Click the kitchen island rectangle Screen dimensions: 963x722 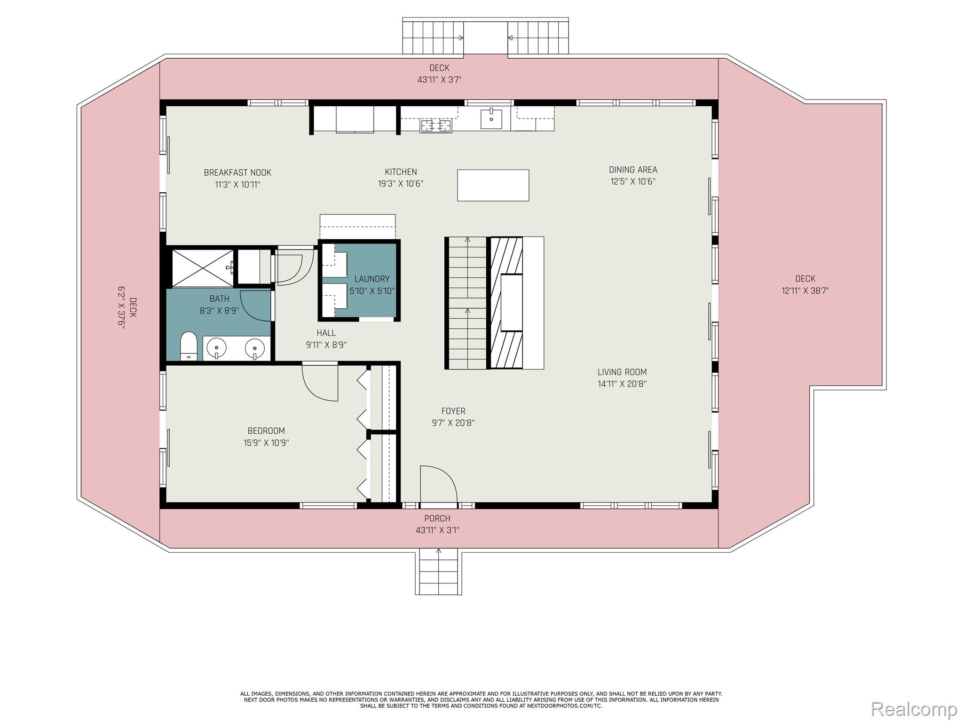493,185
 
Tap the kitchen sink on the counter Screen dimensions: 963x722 491,118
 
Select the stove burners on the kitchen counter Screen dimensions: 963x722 436,126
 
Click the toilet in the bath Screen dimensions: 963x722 189,345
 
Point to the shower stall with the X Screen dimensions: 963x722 202,267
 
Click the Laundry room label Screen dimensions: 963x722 372,279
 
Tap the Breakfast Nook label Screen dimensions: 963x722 237,173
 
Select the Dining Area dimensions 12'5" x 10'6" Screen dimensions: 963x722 633,181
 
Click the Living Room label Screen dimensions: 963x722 622,372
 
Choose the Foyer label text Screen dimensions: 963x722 453,411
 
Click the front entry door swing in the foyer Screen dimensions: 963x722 438,484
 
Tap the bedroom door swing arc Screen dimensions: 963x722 320,382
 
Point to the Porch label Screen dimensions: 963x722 437,518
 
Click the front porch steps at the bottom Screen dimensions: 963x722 438,573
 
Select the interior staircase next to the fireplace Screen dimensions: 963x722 467,303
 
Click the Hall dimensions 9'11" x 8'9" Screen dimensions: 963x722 326,345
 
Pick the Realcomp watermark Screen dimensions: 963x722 914,708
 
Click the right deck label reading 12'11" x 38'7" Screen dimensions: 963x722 805,290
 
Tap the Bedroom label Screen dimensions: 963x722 266,431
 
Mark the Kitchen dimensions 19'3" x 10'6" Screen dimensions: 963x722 401,184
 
